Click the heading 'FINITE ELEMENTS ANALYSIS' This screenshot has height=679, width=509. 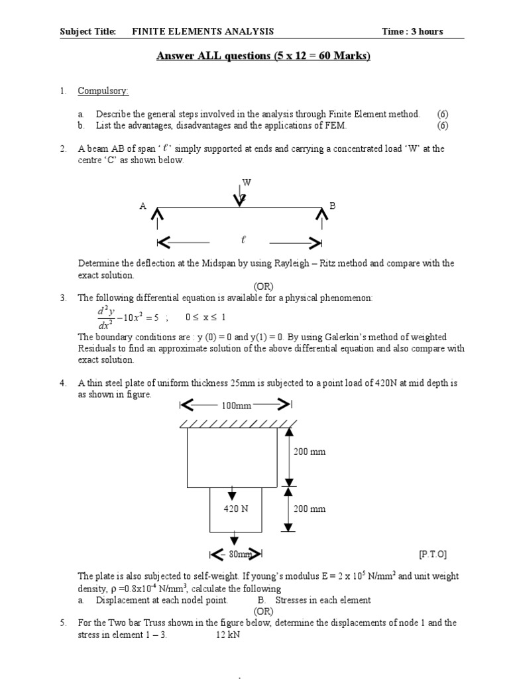click(x=203, y=31)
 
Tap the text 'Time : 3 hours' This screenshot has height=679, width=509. click(x=412, y=31)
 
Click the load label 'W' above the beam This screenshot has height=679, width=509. click(x=247, y=182)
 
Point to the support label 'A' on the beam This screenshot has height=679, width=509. click(x=142, y=206)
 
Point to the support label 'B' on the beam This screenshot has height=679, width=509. click(x=333, y=206)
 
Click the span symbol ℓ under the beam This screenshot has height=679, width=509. click(x=244, y=239)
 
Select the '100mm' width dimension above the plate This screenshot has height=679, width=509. click(x=235, y=405)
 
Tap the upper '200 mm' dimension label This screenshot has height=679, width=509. click(x=310, y=452)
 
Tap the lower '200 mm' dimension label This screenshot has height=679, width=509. click(x=310, y=509)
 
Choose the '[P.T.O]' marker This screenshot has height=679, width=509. click(x=433, y=554)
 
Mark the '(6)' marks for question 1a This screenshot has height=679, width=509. click(x=443, y=114)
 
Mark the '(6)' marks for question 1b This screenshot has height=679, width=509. click(x=443, y=125)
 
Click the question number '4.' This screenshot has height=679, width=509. click(x=63, y=383)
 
